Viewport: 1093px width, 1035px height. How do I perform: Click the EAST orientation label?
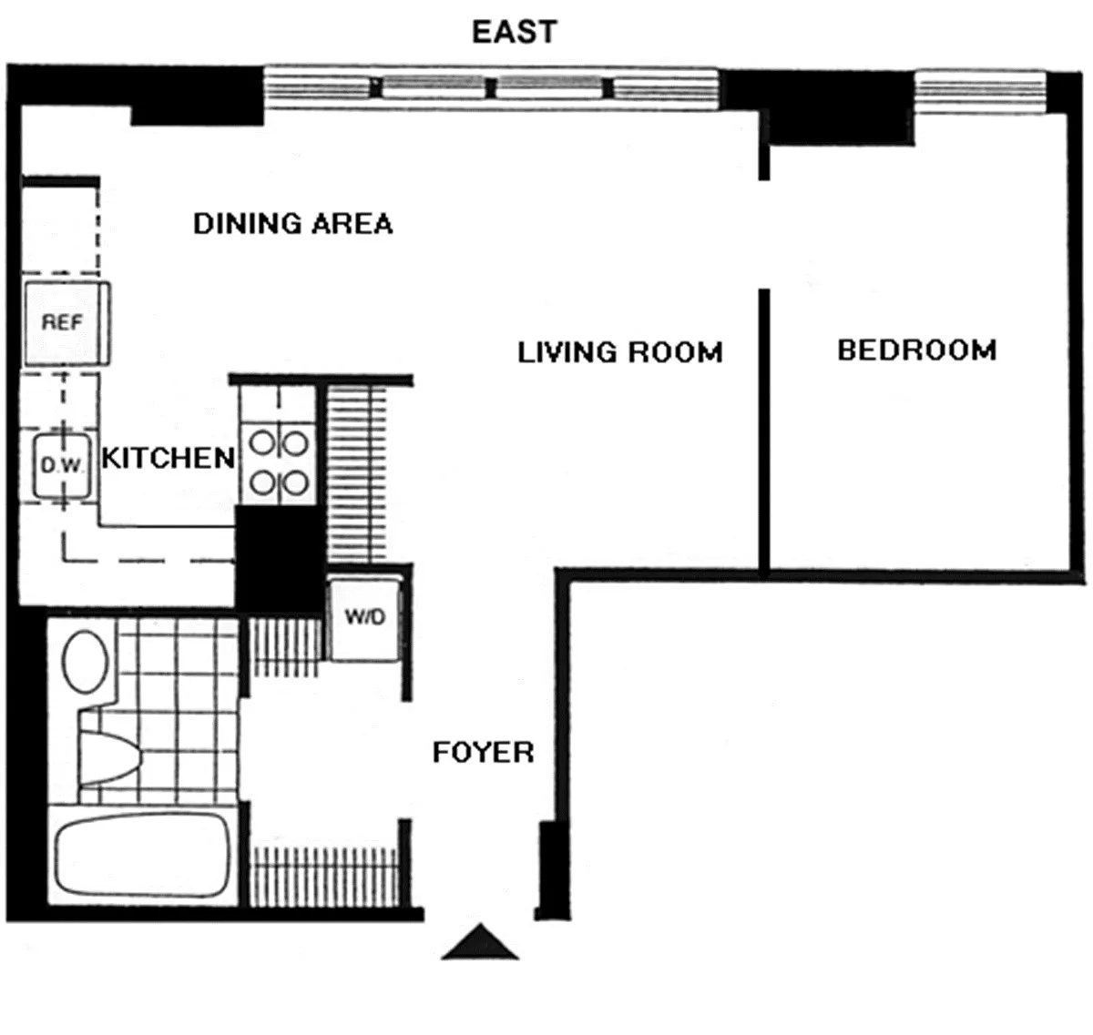tap(515, 32)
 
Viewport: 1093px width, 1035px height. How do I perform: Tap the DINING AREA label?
tap(293, 224)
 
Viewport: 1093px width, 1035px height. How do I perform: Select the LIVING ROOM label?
tap(620, 352)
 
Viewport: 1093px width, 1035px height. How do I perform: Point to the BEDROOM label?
tap(917, 350)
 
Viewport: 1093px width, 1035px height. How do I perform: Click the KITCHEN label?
tap(168, 458)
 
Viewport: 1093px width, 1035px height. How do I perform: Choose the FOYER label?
tap(483, 753)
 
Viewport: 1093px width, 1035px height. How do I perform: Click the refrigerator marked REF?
tap(67, 323)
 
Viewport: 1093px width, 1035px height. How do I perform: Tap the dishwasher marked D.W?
tap(62, 465)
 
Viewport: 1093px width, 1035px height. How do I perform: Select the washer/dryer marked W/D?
tap(364, 618)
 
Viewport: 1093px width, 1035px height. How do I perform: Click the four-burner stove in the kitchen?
tap(279, 463)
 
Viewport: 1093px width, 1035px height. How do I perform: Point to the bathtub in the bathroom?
tap(143, 856)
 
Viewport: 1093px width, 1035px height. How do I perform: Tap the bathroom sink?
tap(85, 661)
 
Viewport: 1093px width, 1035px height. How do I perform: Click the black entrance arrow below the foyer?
tap(480, 941)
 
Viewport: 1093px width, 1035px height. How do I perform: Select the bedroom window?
tap(980, 92)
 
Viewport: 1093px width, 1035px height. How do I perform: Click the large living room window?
tap(491, 87)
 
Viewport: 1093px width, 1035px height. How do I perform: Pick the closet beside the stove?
tap(356, 472)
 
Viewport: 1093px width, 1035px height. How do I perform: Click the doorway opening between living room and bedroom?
tap(764, 235)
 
